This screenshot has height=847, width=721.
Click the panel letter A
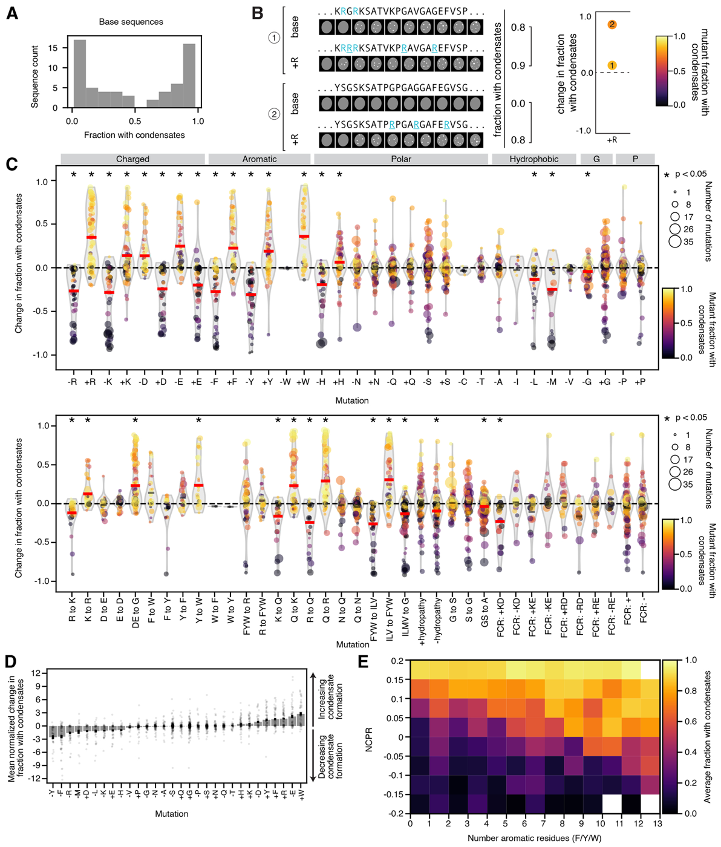[x=12, y=13]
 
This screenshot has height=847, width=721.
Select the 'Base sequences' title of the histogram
[x=131, y=22]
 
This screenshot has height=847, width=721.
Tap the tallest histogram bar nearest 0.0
[x=80, y=74]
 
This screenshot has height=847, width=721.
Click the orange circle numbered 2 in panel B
[x=612, y=25]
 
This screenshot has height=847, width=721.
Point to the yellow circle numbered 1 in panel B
[x=612, y=65]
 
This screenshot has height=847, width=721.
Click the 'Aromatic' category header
[x=259, y=159]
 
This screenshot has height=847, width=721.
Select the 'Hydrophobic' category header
[x=533, y=159]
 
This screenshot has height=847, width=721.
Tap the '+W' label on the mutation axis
[x=303, y=382]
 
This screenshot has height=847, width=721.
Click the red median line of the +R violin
[x=91, y=238]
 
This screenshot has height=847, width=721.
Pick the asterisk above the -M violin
[x=552, y=175]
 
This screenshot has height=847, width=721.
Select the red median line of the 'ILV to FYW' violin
[x=389, y=480]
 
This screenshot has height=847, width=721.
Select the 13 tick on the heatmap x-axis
[x=657, y=823]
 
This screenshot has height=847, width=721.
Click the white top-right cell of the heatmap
[x=650, y=670]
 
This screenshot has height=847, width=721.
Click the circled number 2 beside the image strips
[x=273, y=114]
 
